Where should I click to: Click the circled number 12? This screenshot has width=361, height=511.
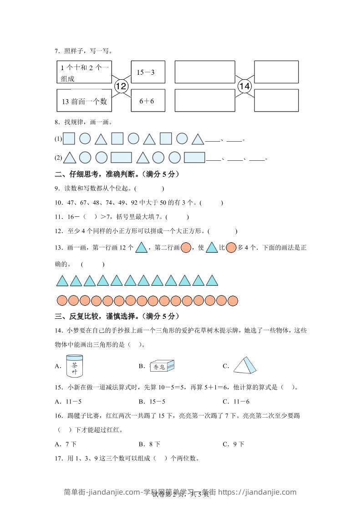coord(121,86)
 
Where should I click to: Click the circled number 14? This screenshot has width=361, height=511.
coord(244,86)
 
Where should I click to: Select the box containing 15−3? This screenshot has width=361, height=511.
coord(148,72)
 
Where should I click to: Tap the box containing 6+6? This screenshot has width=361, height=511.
coord(148,101)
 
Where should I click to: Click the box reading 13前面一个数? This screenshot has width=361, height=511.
coord(85,101)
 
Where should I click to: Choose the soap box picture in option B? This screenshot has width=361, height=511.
coord(162,366)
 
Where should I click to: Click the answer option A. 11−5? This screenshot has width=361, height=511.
coord(69,401)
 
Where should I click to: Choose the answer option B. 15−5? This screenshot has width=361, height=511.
coord(152,401)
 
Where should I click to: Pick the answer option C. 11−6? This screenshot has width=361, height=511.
coord(236,401)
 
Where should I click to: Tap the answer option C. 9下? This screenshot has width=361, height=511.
coord(234,444)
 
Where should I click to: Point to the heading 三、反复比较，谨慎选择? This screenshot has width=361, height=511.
coord(116,316)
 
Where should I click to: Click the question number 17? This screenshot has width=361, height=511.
coord(58,458)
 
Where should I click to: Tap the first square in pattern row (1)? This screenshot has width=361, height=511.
coord(69,138)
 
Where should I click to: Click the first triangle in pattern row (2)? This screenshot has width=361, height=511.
coord(70,158)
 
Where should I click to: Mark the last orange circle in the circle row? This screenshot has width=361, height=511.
coord(233,301)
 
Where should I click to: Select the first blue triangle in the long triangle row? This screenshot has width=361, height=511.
coord(62,281)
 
